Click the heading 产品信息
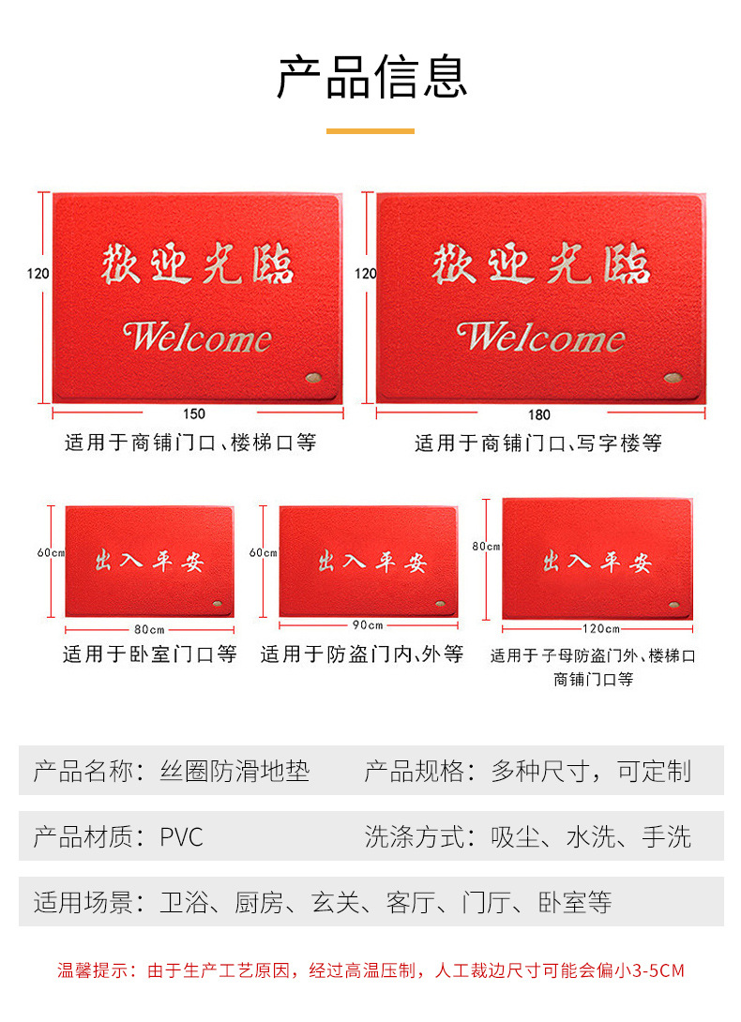(371, 77)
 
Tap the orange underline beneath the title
(370, 131)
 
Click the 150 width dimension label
(194, 413)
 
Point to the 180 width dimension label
(539, 414)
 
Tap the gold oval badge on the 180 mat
(672, 378)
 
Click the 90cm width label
(369, 625)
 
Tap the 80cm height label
(486, 546)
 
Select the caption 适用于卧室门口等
(149, 654)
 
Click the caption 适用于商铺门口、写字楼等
(538, 443)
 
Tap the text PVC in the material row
(181, 836)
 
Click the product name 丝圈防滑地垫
(234, 772)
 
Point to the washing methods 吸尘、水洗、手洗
(591, 836)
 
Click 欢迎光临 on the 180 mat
(541, 265)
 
